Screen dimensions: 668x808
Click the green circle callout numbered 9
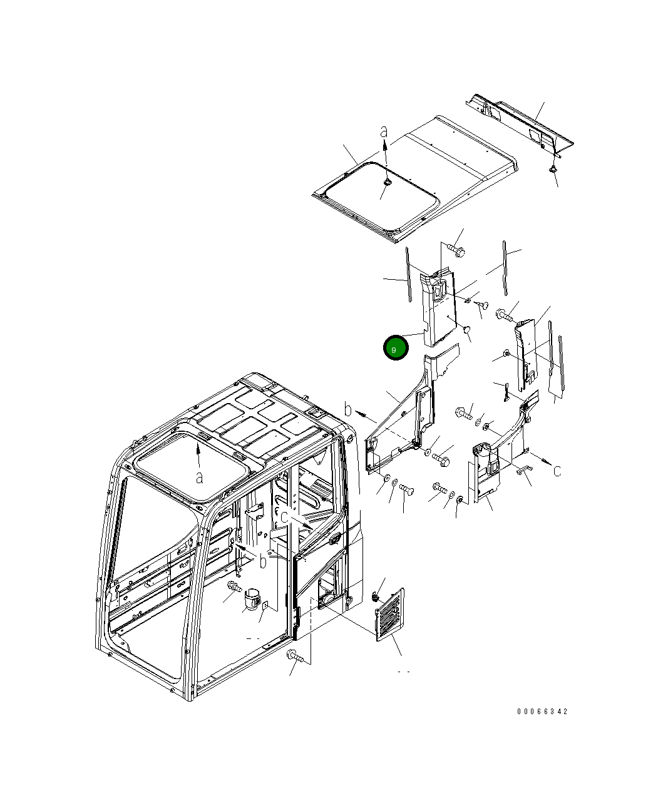coord(396,347)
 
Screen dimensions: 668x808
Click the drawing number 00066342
coord(542,711)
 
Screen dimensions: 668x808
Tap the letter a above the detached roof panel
coord(384,132)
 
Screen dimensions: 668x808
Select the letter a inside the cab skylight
coord(199,478)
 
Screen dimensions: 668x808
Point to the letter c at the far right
coord(557,471)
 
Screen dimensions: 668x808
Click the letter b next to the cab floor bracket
coord(263,561)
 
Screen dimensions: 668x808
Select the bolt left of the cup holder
coord(235,587)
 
